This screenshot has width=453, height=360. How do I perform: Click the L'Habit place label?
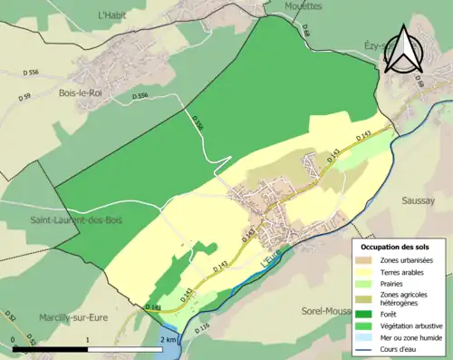(x=114, y=15)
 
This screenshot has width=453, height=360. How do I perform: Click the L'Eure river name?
(x=270, y=259)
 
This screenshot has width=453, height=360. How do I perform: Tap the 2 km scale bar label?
(x=169, y=339)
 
